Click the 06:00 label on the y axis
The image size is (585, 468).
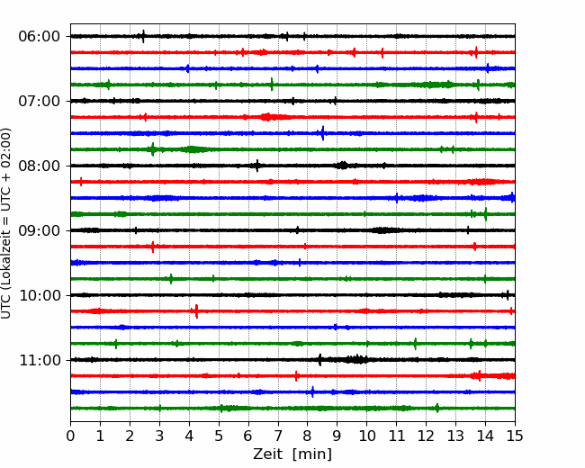(x=39, y=37)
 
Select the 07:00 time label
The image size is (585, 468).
(x=39, y=101)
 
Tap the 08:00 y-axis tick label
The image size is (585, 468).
(x=39, y=166)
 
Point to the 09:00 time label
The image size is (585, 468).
(x=39, y=230)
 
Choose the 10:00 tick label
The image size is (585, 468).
(x=39, y=295)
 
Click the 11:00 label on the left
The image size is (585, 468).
(x=39, y=360)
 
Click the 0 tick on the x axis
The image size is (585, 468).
(x=70, y=436)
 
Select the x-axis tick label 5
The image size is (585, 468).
(x=219, y=436)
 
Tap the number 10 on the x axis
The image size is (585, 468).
(x=366, y=436)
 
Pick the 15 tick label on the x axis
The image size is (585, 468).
(x=515, y=436)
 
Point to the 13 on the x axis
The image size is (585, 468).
(x=455, y=436)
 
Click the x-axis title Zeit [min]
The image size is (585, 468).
(x=292, y=454)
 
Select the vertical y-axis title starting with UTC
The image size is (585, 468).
(x=6, y=223)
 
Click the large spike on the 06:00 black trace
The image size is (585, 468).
(x=143, y=37)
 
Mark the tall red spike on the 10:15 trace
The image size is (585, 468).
(x=196, y=311)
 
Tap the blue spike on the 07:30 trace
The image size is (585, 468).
(x=323, y=133)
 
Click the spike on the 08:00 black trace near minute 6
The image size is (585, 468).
(x=257, y=166)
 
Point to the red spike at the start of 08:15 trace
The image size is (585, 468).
(x=81, y=182)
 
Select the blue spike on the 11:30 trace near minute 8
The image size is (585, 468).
(x=312, y=391)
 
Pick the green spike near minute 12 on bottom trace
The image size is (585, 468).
(x=437, y=408)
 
